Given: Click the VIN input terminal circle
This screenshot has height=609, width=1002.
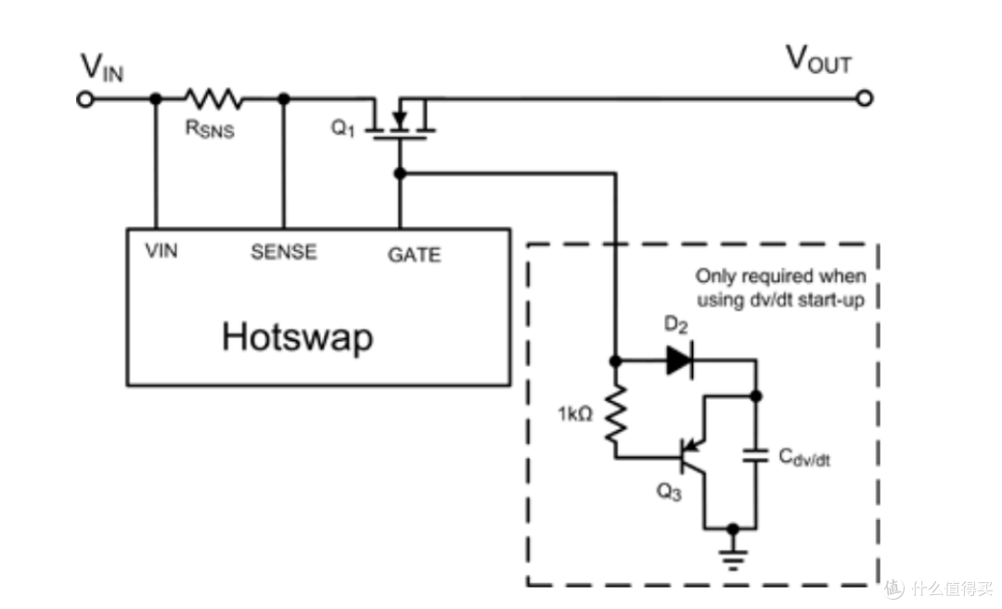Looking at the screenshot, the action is (x=85, y=99).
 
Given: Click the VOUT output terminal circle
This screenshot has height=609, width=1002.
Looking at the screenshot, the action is (x=865, y=98).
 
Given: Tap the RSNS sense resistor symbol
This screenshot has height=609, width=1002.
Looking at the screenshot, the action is (x=212, y=98).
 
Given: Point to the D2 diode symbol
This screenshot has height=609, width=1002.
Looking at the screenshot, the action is (x=679, y=361).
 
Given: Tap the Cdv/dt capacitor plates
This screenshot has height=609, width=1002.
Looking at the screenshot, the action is (x=755, y=455).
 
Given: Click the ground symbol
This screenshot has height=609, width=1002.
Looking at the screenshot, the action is (x=733, y=559).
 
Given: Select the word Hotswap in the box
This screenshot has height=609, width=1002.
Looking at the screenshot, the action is (x=297, y=337).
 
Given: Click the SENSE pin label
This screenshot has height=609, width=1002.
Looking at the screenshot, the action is (x=284, y=251).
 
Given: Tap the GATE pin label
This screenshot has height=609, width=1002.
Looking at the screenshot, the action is (x=414, y=255).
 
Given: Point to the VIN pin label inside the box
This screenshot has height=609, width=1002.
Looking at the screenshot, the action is (x=161, y=250).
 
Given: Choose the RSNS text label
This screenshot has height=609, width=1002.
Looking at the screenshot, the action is (x=210, y=128).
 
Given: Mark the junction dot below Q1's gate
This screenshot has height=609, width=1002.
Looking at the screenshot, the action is (x=400, y=173).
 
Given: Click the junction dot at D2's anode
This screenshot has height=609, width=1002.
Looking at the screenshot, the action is (x=615, y=362).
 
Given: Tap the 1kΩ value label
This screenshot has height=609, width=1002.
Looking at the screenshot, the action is (x=575, y=414).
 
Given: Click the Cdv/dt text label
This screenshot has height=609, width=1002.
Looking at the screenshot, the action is (x=804, y=458).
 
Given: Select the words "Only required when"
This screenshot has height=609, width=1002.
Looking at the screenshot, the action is (x=780, y=276).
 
